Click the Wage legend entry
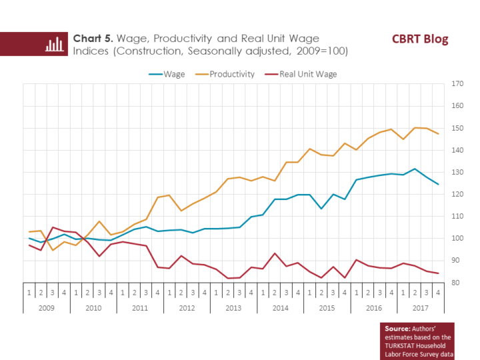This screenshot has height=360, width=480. [x=174, y=74]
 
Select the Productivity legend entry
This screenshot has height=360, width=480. [x=231, y=74]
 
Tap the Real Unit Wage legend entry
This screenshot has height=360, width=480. [x=307, y=74]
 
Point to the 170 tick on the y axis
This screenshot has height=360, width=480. [x=457, y=84]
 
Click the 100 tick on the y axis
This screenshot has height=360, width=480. [x=457, y=238]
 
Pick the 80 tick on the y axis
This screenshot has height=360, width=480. [x=457, y=282]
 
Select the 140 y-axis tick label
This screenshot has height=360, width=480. [x=457, y=150]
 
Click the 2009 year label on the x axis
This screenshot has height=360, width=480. [x=47, y=308]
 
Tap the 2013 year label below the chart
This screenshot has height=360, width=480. [x=233, y=308]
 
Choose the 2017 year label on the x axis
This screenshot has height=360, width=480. [x=420, y=308]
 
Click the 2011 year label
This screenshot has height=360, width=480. [x=140, y=308]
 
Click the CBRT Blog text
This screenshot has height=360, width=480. [x=419, y=39]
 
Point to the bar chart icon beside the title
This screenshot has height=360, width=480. [x=54, y=44]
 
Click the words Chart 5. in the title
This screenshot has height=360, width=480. [x=93, y=38]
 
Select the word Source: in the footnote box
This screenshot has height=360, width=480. [x=398, y=329]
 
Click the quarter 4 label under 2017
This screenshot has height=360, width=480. [x=438, y=293]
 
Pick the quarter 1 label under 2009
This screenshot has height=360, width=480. [x=29, y=293]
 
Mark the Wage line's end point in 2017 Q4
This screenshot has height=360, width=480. [x=438, y=184]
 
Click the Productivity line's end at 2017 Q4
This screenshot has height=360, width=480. [x=438, y=134]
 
